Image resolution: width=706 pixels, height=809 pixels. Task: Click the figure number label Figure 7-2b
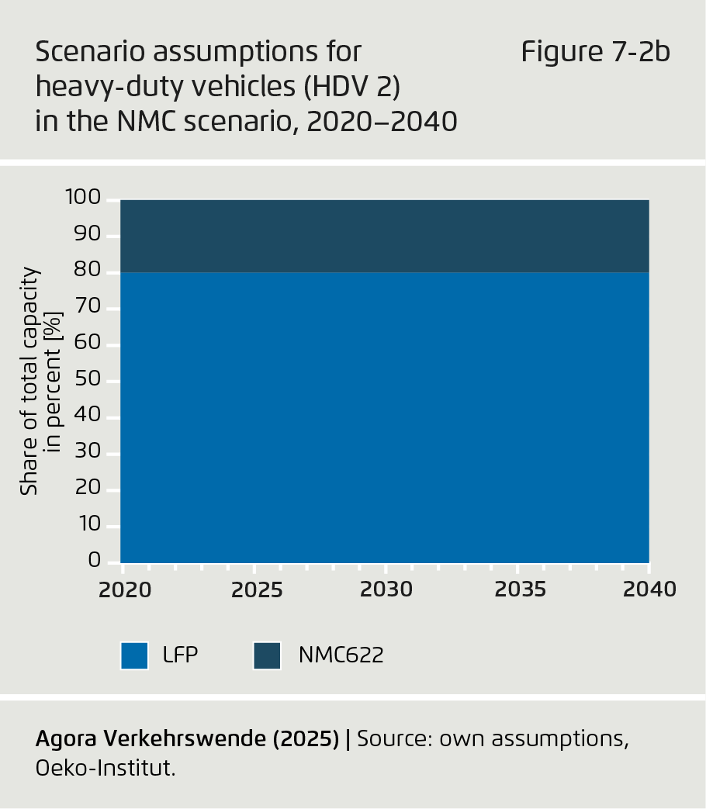595,52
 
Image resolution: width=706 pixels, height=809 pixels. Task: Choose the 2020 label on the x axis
125,589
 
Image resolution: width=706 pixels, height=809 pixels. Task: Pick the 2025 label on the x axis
258,589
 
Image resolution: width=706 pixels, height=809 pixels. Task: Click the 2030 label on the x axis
386,589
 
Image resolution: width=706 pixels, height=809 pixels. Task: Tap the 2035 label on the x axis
521,589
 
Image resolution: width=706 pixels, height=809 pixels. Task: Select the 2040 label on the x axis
650,589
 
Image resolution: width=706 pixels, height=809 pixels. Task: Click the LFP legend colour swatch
134,655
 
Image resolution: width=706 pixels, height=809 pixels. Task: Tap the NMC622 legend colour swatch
267,655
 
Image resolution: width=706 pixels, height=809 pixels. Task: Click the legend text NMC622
341,655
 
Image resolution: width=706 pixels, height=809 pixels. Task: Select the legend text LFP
181,655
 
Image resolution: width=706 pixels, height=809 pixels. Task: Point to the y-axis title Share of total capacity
29,380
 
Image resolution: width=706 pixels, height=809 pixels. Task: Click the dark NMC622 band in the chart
384,236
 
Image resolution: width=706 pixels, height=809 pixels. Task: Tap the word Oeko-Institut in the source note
105,769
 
